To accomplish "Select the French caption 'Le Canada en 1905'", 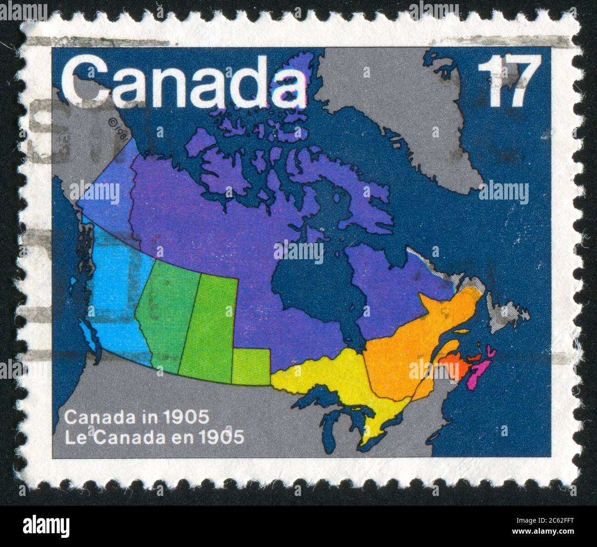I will tap(154, 437).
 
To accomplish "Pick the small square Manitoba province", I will tap(251, 365).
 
